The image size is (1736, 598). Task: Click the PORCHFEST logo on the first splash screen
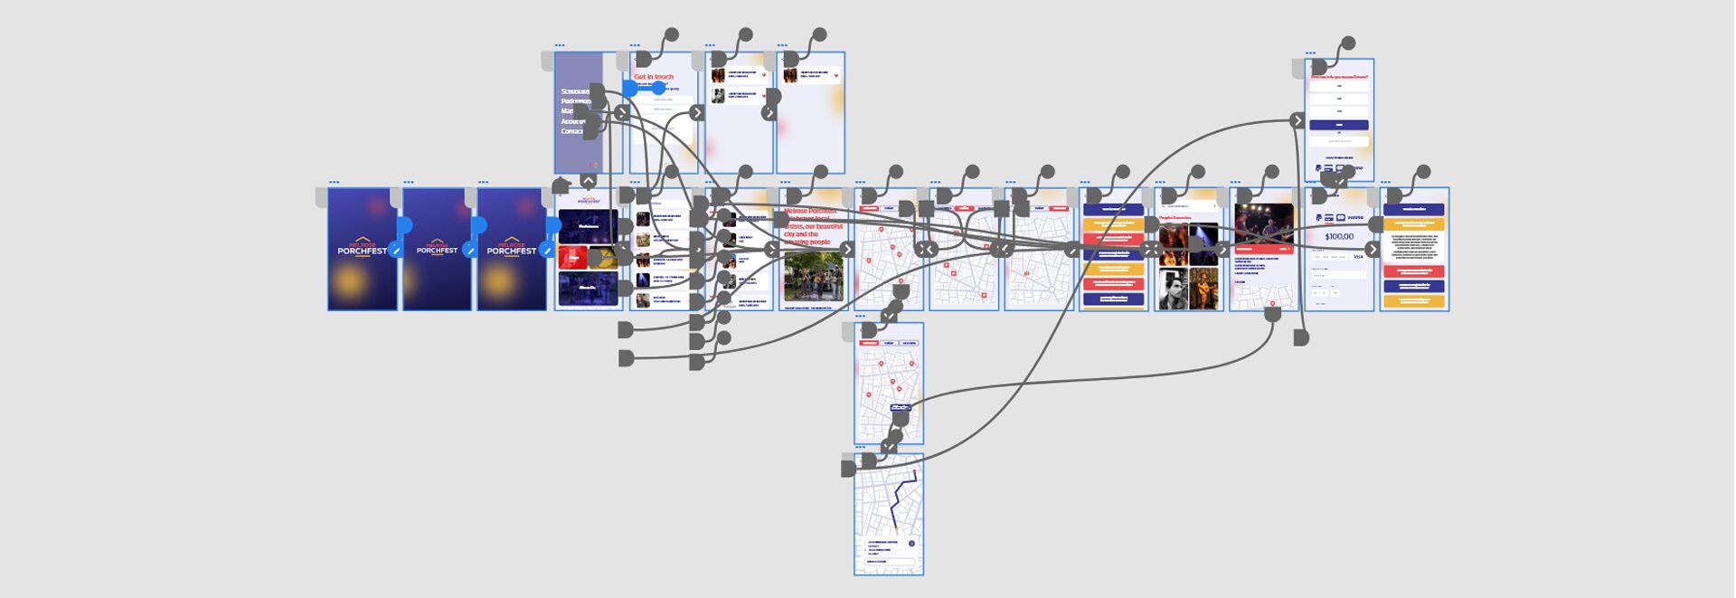362,249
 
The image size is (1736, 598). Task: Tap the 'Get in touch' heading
654,77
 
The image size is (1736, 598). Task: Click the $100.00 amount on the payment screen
1339,237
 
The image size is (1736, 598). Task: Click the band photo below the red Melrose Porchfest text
813,277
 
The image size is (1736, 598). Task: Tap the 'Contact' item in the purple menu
571,131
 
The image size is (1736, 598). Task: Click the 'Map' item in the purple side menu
567,111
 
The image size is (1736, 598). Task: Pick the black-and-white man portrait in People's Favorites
1173,291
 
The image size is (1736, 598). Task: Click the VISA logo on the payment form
1358,257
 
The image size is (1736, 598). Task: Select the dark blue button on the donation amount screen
1338,125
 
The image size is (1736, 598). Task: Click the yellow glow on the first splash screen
349,283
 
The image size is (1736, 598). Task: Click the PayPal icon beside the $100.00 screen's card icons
1318,218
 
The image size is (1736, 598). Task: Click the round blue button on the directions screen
911,544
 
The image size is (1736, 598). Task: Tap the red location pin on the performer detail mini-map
1272,303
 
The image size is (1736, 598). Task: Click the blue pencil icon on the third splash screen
545,251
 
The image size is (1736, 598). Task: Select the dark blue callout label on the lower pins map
899,408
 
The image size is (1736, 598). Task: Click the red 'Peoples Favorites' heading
1175,218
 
